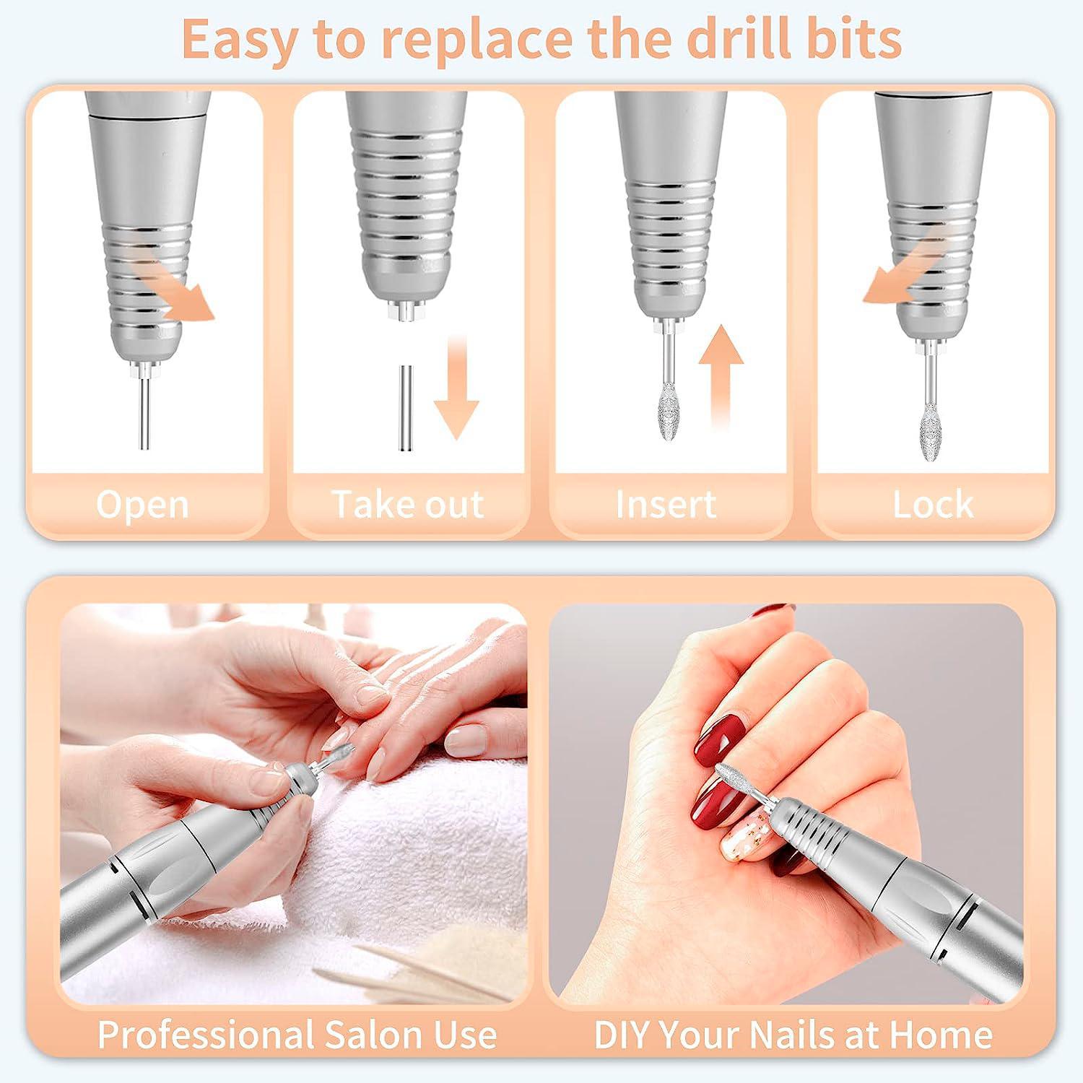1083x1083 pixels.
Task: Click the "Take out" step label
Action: (x=408, y=503)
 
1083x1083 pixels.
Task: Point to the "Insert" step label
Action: (x=666, y=503)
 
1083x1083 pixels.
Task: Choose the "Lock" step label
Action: (x=933, y=504)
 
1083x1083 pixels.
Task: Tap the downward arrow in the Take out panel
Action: (x=456, y=388)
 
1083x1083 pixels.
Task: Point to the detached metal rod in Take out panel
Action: (x=406, y=409)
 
